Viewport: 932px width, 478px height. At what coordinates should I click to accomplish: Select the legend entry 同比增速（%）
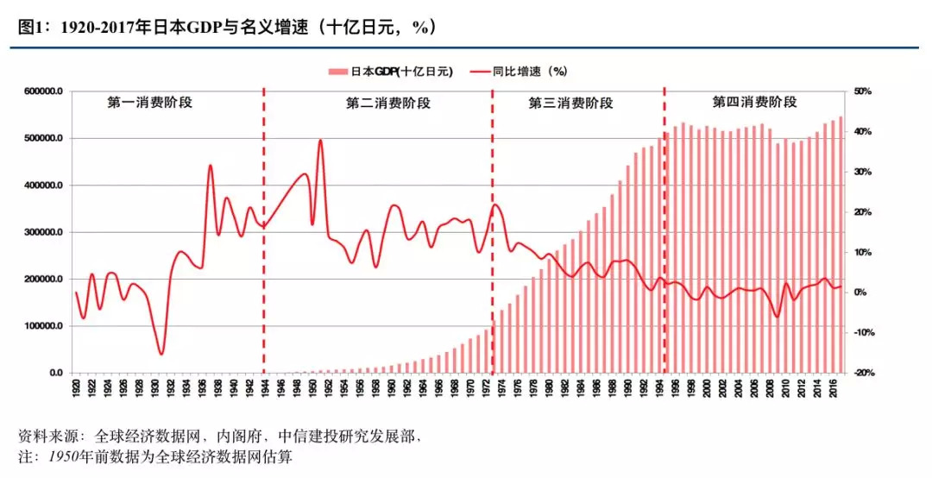coord(518,72)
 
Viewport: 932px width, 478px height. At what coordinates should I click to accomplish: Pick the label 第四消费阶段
coord(754,102)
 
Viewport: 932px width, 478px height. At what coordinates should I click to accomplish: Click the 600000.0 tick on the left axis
coord(41,91)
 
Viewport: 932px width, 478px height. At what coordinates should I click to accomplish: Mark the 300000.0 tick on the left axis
coord(41,233)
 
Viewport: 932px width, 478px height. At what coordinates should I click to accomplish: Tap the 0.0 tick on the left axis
coord(54,374)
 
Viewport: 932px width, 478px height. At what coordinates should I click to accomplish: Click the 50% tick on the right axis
coord(864,91)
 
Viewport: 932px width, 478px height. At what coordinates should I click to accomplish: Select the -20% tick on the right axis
coord(862,374)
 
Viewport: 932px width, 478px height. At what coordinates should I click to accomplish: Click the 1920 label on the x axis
coord(76,389)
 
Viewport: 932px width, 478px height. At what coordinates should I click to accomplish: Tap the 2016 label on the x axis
coord(833,389)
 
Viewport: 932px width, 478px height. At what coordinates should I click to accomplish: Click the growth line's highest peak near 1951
coord(320,140)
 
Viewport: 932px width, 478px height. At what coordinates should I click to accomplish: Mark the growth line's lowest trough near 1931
coord(161,354)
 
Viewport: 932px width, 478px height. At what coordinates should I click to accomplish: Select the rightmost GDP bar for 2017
coord(841,245)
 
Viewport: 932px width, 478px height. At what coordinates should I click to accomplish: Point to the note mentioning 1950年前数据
coord(155,456)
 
